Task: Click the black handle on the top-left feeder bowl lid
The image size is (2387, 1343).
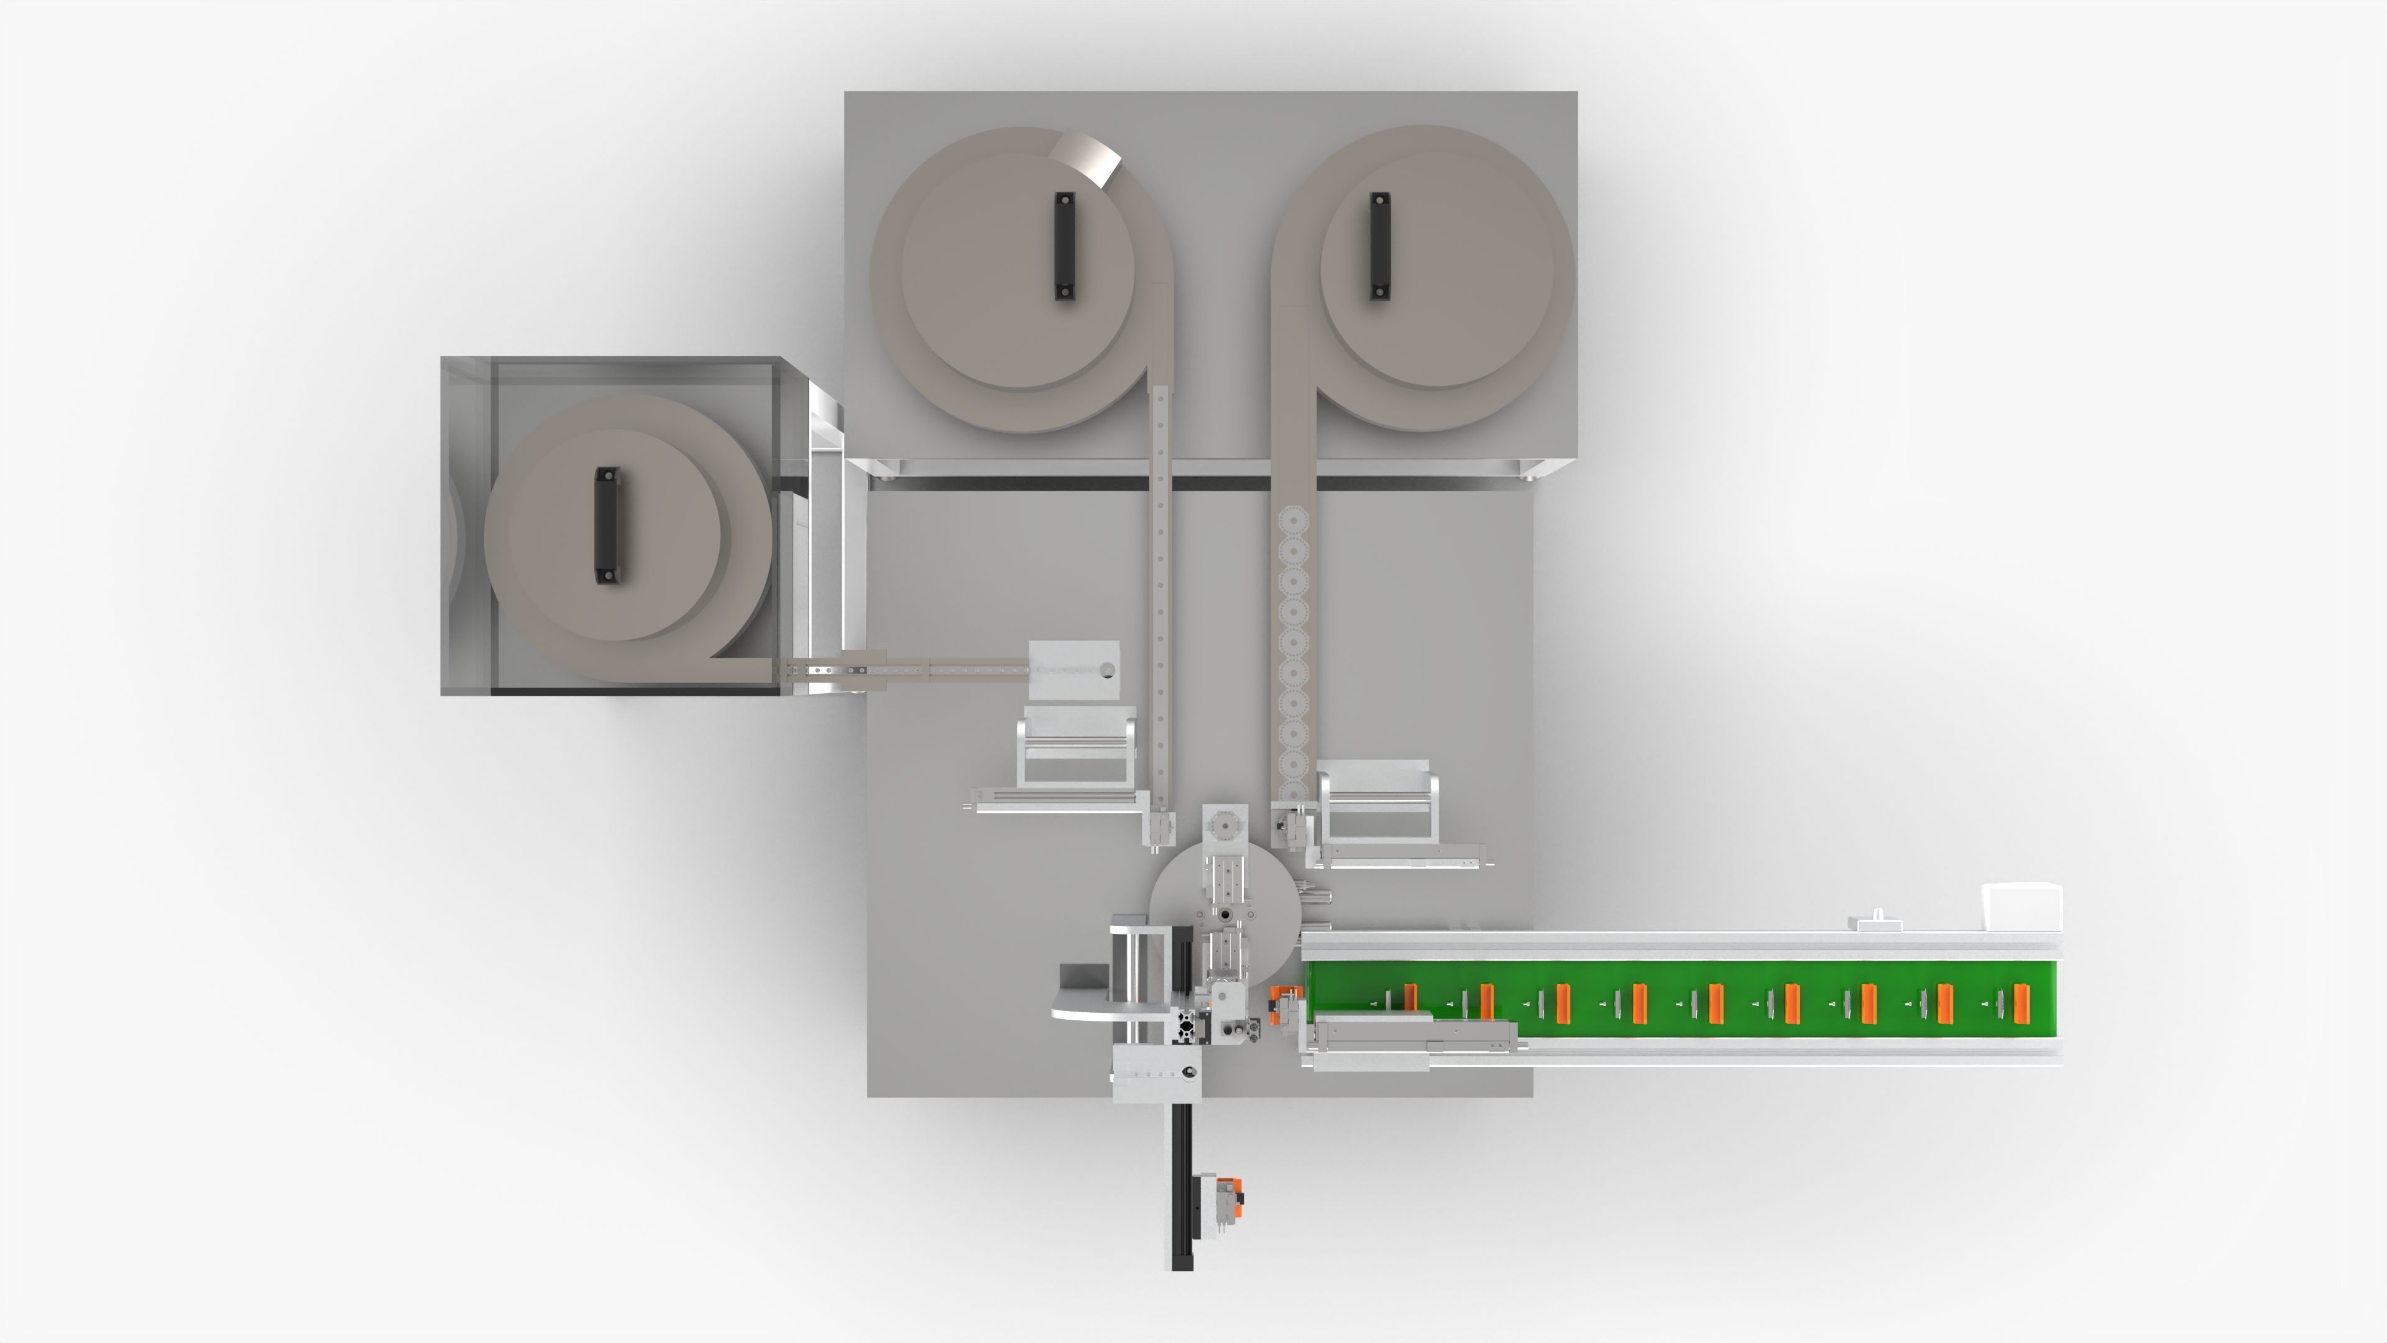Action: click(x=1065, y=246)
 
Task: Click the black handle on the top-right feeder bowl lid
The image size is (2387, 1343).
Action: click(x=1380, y=246)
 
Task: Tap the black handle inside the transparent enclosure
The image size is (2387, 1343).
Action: click(x=606, y=525)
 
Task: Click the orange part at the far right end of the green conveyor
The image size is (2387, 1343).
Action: click(x=2021, y=1004)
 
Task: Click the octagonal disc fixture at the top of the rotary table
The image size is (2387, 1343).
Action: click(x=1224, y=825)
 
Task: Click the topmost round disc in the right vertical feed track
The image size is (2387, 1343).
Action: click(x=1292, y=521)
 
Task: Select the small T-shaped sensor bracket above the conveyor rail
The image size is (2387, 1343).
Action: click(x=1875, y=921)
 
